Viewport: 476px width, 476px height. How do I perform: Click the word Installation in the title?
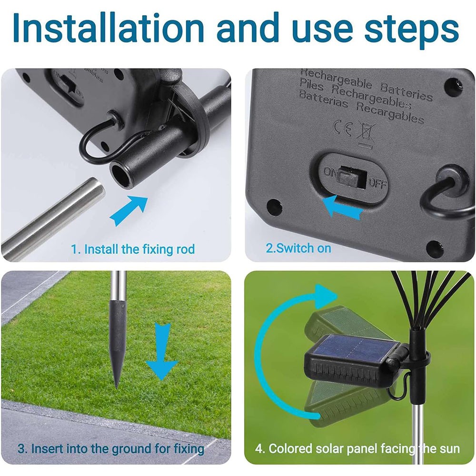coord(108,28)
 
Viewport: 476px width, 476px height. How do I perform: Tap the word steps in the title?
coord(412,30)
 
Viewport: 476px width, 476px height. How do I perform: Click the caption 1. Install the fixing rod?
coord(133,249)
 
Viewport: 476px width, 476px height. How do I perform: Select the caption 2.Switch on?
coord(298,248)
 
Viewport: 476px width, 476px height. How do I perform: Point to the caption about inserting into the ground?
coord(111,449)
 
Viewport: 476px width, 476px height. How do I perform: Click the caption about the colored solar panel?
coord(357,449)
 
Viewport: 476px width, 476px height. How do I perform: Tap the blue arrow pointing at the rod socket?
coord(129,210)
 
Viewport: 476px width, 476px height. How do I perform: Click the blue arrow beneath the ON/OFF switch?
coord(342,207)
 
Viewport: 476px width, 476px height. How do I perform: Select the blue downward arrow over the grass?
coord(162,351)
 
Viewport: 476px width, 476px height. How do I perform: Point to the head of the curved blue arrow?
coord(326,296)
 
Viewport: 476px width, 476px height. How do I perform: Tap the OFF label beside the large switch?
coord(377,183)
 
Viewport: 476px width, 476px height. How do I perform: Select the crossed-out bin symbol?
coord(366,134)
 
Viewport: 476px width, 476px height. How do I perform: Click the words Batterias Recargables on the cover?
coord(361,108)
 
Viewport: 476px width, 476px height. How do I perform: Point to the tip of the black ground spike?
coord(117,387)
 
